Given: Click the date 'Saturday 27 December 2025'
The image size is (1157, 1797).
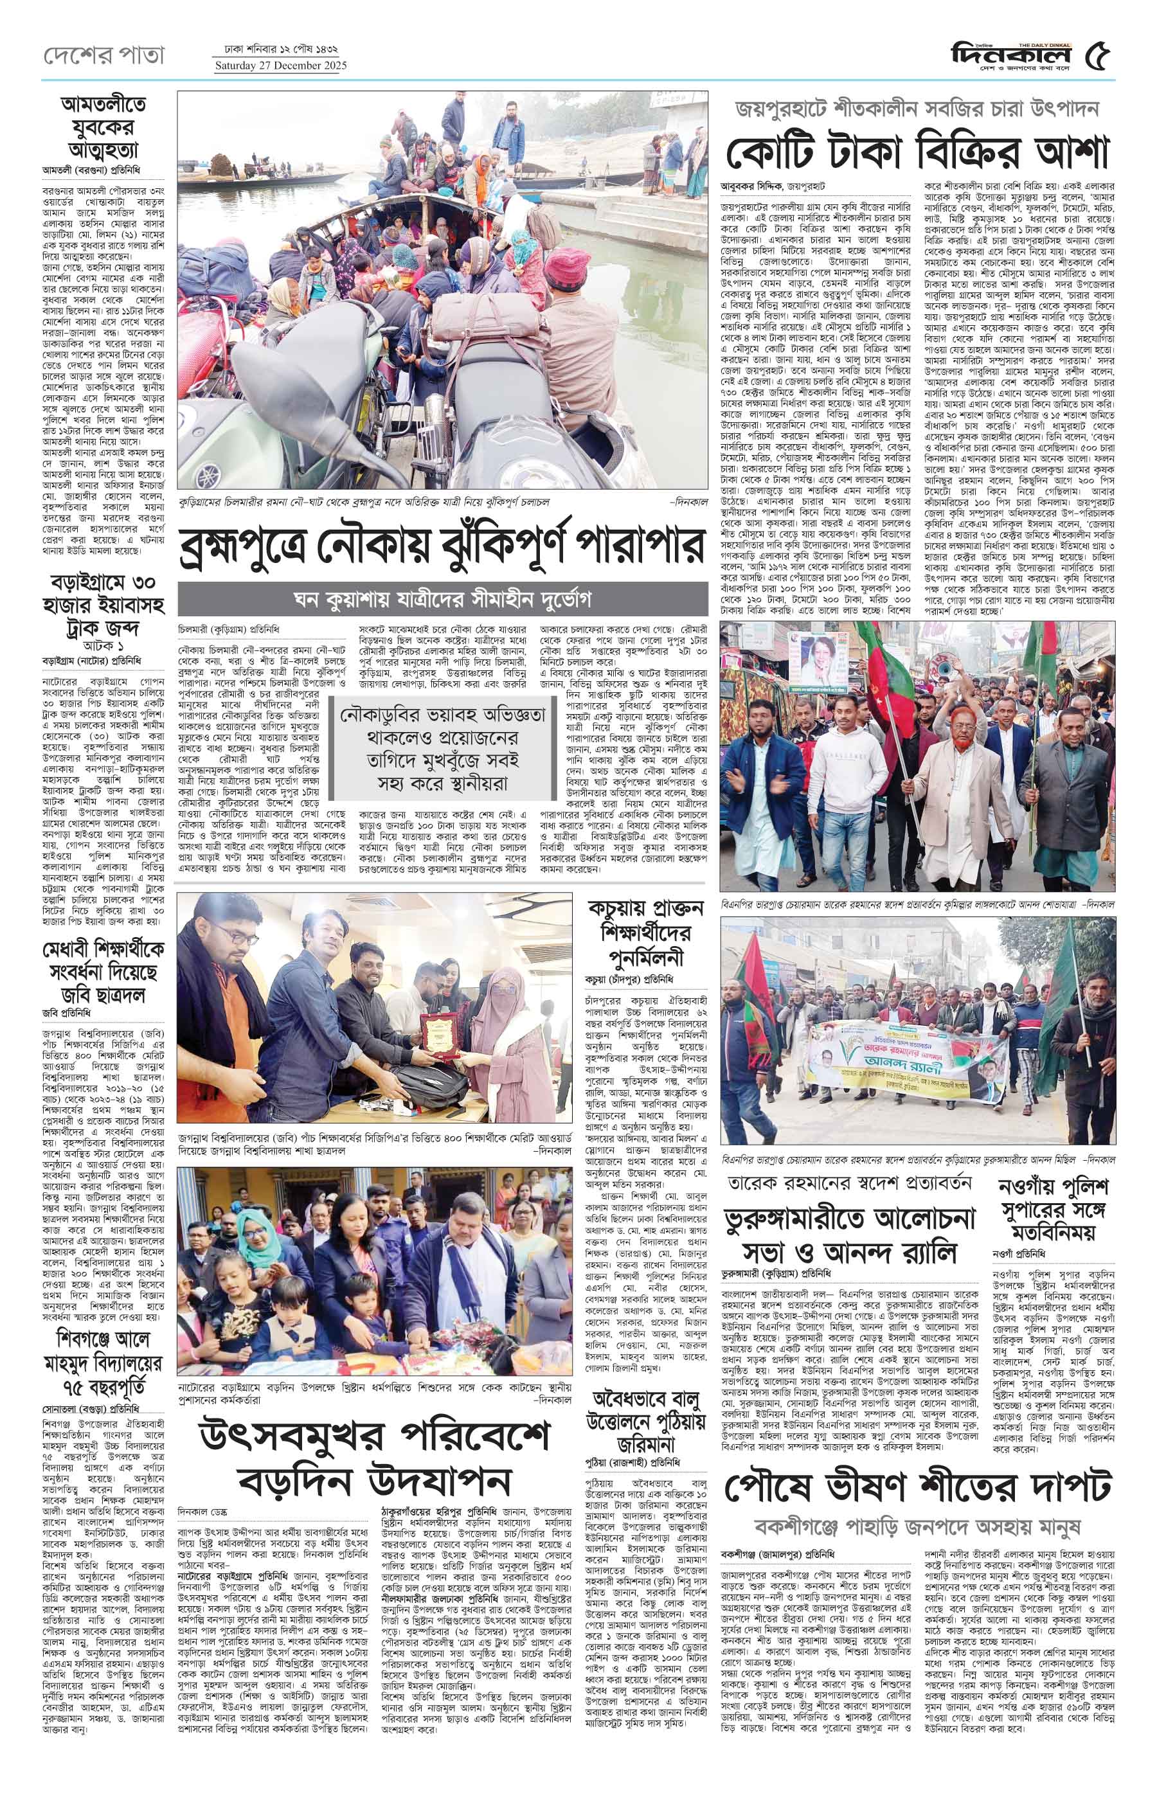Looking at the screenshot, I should point(281,66).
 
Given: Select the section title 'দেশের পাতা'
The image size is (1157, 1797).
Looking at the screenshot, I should point(103,57).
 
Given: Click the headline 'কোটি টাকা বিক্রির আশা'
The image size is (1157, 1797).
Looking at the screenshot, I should point(917,153).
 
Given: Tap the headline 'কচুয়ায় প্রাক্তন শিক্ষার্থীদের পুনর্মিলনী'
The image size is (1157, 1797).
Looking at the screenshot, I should point(646,934).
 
